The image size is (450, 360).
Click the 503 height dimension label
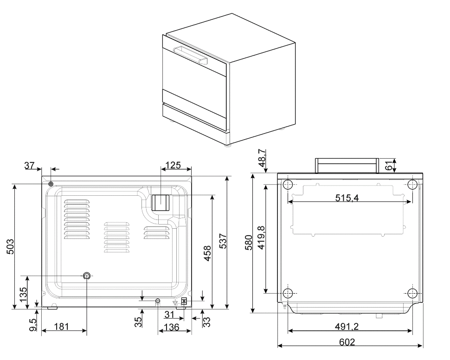pos(10,246)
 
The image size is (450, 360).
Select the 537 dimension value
pos(222,241)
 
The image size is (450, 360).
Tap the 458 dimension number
pos(207,253)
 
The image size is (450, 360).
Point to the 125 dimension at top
pos(174,165)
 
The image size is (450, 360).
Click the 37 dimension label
pos(29,165)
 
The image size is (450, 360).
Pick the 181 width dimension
pos(61,327)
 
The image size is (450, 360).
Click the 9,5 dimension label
pos(33,325)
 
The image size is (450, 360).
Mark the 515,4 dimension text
pos(347,198)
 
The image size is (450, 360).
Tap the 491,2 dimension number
pos(347,327)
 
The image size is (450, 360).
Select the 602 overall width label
pos(347,342)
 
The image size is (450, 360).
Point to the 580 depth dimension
pos(249,243)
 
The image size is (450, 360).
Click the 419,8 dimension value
pos(261,238)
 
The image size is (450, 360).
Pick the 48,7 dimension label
pos(262,158)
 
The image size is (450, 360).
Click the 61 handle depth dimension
pos(389,166)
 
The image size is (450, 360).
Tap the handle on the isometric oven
pos(190,55)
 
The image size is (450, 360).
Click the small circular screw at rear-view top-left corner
pos(51,184)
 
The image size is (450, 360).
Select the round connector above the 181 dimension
pos(86,276)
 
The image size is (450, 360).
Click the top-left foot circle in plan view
pos(288,184)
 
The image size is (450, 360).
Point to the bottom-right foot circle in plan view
pos(412,293)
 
